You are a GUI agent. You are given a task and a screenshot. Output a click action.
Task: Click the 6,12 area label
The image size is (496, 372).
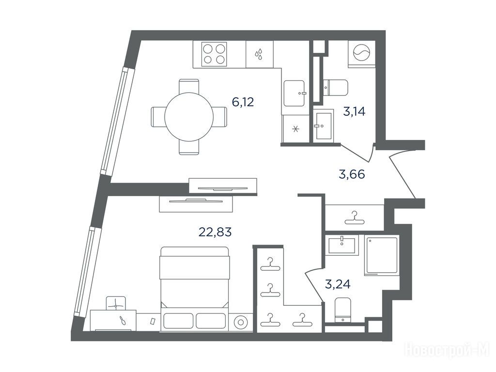(x=243, y=102)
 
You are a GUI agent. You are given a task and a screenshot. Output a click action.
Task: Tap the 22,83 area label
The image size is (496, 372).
(x=215, y=232)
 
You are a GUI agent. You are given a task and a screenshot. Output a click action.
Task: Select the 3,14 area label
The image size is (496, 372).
(x=354, y=111)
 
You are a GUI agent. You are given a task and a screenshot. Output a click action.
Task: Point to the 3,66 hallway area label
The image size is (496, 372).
(x=352, y=174)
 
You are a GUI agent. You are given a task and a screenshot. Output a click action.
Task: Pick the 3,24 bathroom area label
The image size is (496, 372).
(x=338, y=284)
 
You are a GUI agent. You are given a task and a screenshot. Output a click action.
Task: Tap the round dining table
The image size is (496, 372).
(x=189, y=117)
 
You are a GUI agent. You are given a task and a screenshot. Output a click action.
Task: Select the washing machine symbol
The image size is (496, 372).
(x=361, y=52)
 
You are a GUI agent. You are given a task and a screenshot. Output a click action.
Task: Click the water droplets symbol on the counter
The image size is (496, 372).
(x=259, y=54)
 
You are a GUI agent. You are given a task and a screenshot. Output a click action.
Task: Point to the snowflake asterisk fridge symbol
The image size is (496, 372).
(x=296, y=129)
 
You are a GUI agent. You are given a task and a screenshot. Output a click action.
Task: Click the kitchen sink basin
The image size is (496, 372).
(x=294, y=93)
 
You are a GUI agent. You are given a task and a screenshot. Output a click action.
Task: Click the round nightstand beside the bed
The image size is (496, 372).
(x=241, y=323)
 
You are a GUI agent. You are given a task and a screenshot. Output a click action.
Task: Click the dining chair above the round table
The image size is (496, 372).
(x=189, y=86)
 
